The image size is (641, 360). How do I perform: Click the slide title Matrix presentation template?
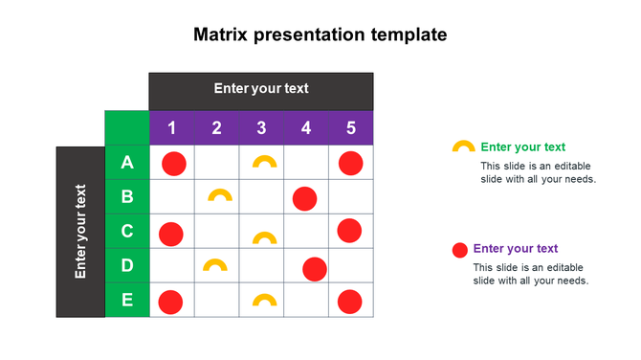(x=320, y=35)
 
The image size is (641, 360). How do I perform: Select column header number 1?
(x=171, y=128)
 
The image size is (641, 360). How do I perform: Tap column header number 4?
(x=306, y=128)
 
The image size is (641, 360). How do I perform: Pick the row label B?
(x=127, y=197)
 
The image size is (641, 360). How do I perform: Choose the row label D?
(x=127, y=265)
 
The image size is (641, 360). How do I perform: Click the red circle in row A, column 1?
(x=173, y=164)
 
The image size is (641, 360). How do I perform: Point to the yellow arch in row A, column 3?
(x=264, y=162)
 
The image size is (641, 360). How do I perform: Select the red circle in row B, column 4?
(x=305, y=198)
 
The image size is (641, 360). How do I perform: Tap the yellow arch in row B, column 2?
(x=219, y=195)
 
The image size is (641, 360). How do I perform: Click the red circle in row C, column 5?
(x=349, y=231)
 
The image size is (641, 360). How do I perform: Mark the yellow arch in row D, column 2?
(x=215, y=264)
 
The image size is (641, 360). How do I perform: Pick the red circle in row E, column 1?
(x=171, y=303)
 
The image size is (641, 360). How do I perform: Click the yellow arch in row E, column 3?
(x=263, y=301)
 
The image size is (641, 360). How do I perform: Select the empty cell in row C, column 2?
(x=217, y=232)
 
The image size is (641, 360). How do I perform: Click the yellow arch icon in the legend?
(x=463, y=147)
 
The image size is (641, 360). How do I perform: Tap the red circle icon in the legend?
(x=459, y=251)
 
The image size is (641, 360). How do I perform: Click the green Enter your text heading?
(x=522, y=146)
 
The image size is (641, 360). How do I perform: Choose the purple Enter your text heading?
(x=515, y=249)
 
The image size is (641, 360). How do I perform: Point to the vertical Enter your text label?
(x=80, y=232)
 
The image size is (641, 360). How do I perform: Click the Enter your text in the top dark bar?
(x=261, y=89)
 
